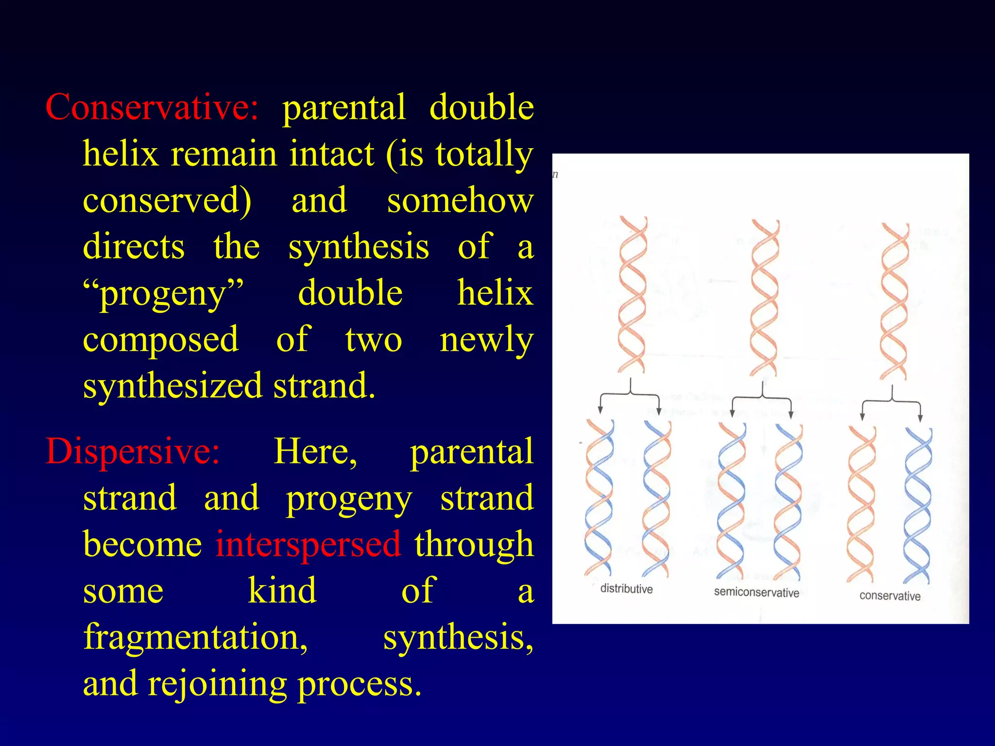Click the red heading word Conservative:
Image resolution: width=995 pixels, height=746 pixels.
(x=152, y=108)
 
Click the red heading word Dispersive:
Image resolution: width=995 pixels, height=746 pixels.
(x=132, y=452)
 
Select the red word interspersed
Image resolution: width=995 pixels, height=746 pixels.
(x=308, y=544)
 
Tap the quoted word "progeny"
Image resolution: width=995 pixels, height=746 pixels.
(x=163, y=294)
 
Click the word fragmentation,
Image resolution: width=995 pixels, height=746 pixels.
(x=195, y=637)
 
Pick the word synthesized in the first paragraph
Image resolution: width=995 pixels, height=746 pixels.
(x=172, y=386)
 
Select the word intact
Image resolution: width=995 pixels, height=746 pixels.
(x=331, y=154)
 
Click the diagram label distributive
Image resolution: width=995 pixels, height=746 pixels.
(x=626, y=589)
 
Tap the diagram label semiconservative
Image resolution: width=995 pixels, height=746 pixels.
(x=756, y=592)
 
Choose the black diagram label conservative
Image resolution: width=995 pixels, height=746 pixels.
(x=890, y=596)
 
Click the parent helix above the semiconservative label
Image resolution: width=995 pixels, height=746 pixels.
(x=764, y=297)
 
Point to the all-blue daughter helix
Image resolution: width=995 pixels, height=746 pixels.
(x=918, y=505)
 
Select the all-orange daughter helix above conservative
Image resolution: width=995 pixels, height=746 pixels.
(x=861, y=504)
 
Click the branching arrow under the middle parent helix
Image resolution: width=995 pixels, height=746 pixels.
(x=762, y=399)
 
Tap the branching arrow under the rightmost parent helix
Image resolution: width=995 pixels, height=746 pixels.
(x=891, y=402)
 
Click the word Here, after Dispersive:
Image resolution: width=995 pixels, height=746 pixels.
(x=315, y=452)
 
